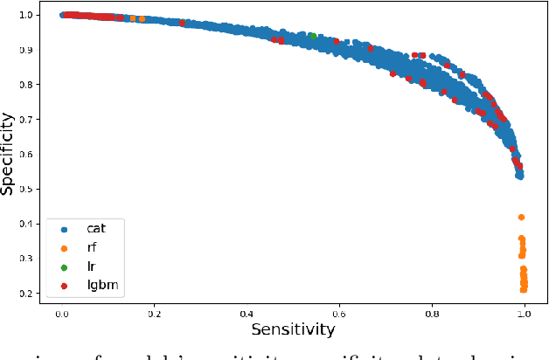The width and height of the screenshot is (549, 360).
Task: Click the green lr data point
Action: point(313,36)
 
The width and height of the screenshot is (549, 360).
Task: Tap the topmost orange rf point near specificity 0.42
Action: point(522,217)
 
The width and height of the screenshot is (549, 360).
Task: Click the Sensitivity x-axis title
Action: point(293,329)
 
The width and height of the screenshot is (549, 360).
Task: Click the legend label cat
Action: point(96,226)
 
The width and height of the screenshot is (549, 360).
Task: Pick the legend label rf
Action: point(93,246)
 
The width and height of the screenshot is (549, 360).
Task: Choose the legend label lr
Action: point(91,266)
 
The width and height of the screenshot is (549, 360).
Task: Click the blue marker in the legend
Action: point(62,227)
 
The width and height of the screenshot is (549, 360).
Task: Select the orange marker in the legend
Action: point(62,246)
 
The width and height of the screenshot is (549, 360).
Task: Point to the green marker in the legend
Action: point(62,266)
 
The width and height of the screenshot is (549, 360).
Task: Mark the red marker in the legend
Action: point(62,286)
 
